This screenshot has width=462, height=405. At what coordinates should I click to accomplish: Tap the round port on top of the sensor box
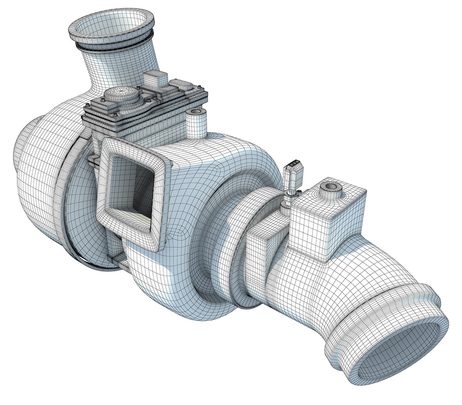[331, 187]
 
